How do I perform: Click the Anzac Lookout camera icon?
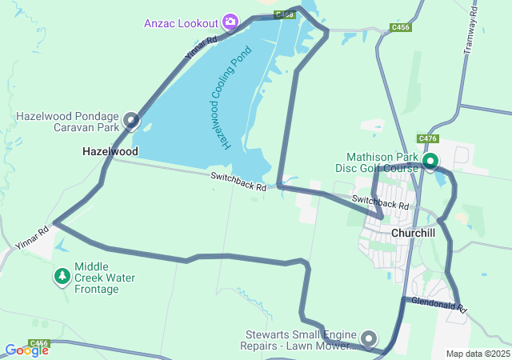pyautogui.click(x=230, y=21)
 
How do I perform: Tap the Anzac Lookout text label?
pyautogui.click(x=183, y=22)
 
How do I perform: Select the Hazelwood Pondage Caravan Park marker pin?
pyautogui.click(x=130, y=122)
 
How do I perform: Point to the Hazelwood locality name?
pyautogui.click(x=110, y=151)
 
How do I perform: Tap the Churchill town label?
pyautogui.click(x=413, y=233)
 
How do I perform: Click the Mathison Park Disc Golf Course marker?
pyautogui.click(x=430, y=162)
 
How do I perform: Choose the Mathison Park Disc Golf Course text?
pyautogui.click(x=382, y=162)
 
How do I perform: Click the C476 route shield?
pyautogui.click(x=428, y=138)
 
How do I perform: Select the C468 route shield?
pyautogui.click(x=284, y=14)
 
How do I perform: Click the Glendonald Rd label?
pyautogui.click(x=438, y=304)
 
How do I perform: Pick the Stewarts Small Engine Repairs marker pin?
pyautogui.click(x=369, y=339)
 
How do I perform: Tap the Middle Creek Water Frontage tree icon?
pyautogui.click(x=62, y=277)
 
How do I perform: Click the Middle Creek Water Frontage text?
pyautogui.click(x=105, y=278)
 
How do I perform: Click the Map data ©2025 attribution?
pyautogui.click(x=477, y=354)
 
